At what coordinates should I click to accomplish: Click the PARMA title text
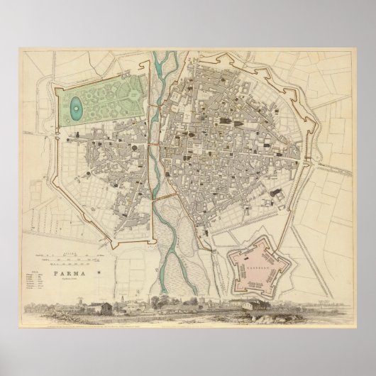tap(66, 263)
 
